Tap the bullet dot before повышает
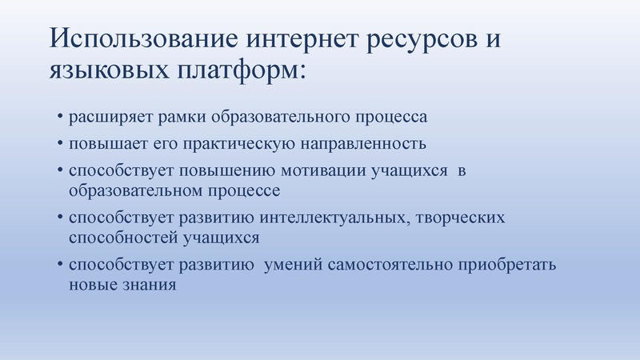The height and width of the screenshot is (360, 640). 59,145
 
